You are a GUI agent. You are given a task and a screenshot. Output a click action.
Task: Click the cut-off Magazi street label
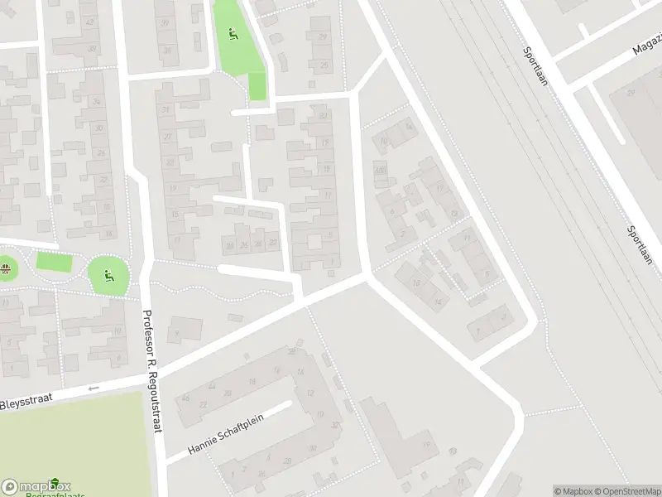pyautogui.click(x=647, y=46)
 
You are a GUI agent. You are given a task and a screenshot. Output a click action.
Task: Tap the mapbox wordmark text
pyautogui.click(x=46, y=486)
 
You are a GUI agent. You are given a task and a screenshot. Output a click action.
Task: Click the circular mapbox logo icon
pyautogui.click(x=10, y=487)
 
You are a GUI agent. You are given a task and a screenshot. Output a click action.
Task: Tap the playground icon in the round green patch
pyautogui.click(x=108, y=274)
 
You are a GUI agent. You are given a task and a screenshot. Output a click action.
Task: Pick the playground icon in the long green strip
pyautogui.click(x=233, y=35)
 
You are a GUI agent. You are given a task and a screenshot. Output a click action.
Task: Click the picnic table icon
pyautogui.click(x=6, y=268)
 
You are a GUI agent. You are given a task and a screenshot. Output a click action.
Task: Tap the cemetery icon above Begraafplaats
pyautogui.click(x=55, y=483)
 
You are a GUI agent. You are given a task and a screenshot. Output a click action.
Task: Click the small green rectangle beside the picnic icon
pyautogui.click(x=54, y=263)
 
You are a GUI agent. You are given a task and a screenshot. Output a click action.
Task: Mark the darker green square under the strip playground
pyautogui.click(x=257, y=86)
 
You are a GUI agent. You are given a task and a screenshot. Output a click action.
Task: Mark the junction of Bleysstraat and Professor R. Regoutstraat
pyautogui.click(x=155, y=379)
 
